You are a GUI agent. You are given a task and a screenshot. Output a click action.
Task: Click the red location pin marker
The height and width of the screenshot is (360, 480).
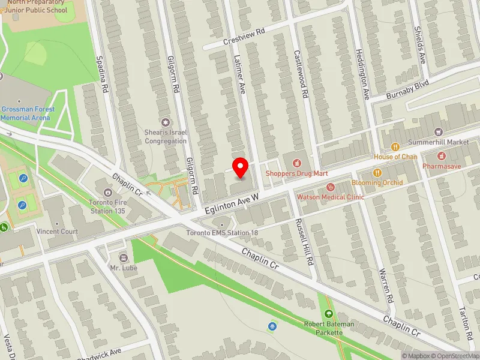click(241, 167)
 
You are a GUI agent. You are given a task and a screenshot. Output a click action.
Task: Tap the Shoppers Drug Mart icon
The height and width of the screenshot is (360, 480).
click(296, 163)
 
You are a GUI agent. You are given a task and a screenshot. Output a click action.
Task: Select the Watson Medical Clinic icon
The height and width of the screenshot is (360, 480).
click(330, 187)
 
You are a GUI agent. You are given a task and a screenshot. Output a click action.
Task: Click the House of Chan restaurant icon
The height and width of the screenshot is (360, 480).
click(395, 147)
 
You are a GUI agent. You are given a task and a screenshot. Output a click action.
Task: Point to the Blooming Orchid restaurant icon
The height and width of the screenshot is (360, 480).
click(377, 173)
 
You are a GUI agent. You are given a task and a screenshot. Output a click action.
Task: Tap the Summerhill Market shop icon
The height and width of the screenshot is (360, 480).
click(439, 132)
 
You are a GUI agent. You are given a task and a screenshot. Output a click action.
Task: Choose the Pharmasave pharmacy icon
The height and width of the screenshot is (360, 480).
click(443, 156)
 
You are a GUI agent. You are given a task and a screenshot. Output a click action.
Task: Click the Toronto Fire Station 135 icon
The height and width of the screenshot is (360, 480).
click(108, 193)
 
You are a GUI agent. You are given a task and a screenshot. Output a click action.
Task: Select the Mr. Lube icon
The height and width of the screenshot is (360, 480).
click(124, 257)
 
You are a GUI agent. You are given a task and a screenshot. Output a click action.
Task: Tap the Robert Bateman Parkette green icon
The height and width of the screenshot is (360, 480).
click(328, 314)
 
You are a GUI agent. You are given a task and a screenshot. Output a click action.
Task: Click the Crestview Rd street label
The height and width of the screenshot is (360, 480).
click(244, 37)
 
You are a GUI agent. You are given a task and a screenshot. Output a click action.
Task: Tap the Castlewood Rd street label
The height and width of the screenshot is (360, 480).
click(301, 74)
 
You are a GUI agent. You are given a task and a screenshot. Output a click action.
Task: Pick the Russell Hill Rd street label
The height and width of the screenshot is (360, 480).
click(305, 241)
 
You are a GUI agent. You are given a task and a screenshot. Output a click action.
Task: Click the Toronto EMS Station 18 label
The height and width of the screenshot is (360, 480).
click(222, 233)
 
